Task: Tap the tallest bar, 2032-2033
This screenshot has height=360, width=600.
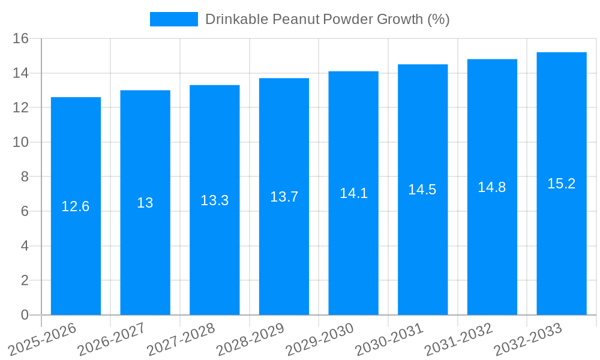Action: coord(562,252)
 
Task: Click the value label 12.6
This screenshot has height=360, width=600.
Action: coord(76,206)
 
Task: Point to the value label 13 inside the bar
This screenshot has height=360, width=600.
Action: coord(145,203)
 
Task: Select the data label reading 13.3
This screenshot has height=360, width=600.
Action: coord(214,200)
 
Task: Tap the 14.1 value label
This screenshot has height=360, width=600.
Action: coord(353,193)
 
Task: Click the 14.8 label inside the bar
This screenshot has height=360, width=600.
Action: coord(492,187)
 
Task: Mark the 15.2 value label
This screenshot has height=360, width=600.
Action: coord(562,184)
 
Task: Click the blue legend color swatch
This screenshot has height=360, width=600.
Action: coord(173,19)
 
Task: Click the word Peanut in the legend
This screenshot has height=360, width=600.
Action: coord(296,19)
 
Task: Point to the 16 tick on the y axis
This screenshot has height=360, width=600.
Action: coord(21,38)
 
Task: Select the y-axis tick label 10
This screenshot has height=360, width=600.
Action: coord(21,142)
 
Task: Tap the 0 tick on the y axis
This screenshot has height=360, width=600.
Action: coord(25,315)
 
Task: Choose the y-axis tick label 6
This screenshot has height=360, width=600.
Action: coord(25,211)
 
